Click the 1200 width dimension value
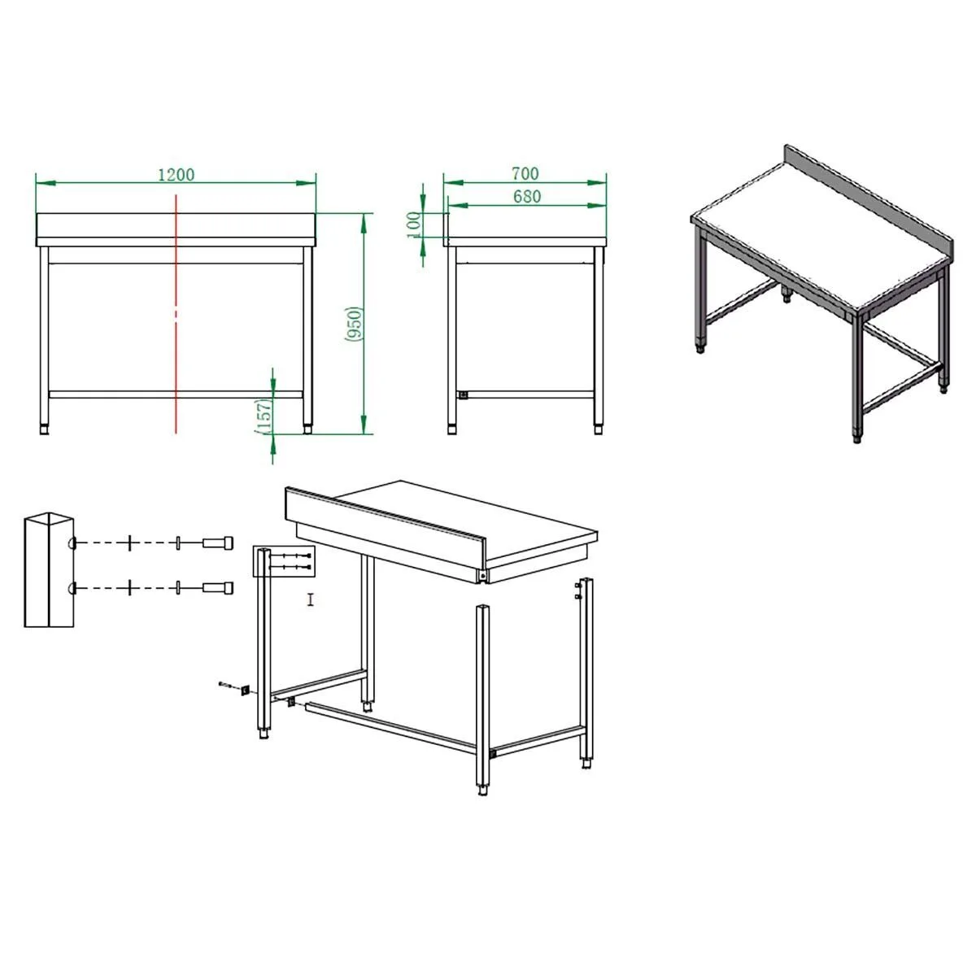(176, 174)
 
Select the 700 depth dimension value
(525, 174)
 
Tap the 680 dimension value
(527, 196)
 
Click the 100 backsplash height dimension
(414, 224)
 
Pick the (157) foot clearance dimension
(264, 416)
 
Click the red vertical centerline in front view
(176, 314)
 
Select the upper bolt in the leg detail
(218, 543)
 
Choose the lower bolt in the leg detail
(218, 587)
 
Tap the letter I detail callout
(311, 600)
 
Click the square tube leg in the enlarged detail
(49, 570)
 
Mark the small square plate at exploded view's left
(246, 690)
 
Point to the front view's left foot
(44, 429)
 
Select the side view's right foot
(599, 429)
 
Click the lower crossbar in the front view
(176, 394)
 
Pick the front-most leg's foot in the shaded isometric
(857, 437)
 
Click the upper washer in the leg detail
(178, 543)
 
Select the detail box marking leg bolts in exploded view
(284, 561)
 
